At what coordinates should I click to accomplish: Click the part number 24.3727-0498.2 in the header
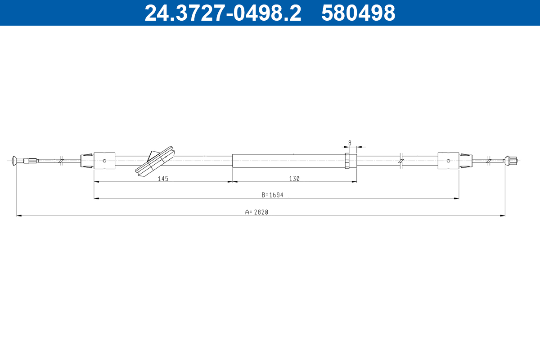pyautogui.click(x=223, y=13)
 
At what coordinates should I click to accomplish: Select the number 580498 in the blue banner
pyautogui.click(x=358, y=13)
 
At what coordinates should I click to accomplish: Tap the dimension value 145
pyautogui.click(x=163, y=179)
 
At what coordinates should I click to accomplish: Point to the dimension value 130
pyautogui.click(x=294, y=179)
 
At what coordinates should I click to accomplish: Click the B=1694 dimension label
pyautogui.click(x=272, y=195)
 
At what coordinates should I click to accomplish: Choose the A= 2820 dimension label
pyautogui.click(x=256, y=212)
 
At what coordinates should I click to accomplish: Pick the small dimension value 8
pyautogui.click(x=350, y=143)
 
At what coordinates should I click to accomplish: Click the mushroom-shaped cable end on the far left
pyautogui.click(x=14, y=161)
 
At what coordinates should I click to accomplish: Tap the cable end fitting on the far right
pyautogui.click(x=511, y=160)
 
